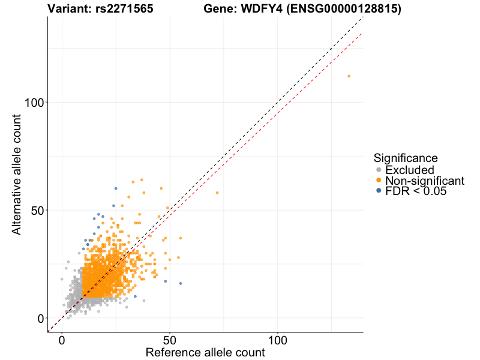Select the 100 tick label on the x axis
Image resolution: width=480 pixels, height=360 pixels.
click(277, 340)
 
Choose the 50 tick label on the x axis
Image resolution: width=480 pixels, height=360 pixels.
click(170, 340)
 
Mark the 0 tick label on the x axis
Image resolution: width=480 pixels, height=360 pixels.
click(62, 340)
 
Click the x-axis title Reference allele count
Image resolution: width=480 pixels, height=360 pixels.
click(205, 353)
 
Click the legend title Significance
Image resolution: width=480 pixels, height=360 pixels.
click(406, 158)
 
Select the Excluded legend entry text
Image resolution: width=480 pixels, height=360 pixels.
click(409, 170)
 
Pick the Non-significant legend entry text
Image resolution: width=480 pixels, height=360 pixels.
click(425, 181)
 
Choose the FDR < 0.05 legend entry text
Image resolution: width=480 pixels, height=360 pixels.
click(416, 191)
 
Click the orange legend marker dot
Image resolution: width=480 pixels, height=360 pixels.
click(378, 181)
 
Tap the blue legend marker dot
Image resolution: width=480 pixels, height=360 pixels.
click(378, 191)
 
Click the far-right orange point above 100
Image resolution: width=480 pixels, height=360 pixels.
click(349, 76)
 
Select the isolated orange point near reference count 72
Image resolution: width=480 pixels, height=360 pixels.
click(217, 193)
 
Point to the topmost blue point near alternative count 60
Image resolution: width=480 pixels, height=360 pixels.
click(116, 188)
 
